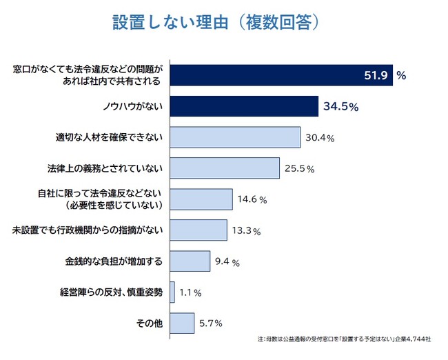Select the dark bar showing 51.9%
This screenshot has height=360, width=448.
point(281,75)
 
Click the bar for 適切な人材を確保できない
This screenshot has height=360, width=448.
point(234,137)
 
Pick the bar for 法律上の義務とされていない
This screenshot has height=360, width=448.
point(224,168)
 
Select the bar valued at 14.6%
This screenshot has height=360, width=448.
point(201,199)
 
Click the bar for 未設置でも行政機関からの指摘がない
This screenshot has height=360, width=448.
point(198,230)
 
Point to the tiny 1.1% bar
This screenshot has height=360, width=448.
point(172,292)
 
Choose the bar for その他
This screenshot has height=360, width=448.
point(182,323)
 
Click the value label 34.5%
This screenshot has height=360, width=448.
point(340,107)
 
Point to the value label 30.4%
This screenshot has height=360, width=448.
point(319,138)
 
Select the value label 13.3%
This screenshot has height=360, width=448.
point(246,231)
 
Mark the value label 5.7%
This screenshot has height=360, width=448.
point(211,323)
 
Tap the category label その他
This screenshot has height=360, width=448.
point(149,323)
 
